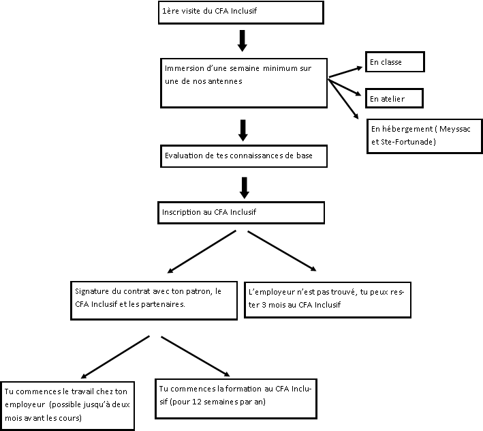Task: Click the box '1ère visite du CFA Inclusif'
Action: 241,13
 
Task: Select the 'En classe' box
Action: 395,62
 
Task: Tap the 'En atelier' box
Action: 394,99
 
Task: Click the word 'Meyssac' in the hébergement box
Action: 454,129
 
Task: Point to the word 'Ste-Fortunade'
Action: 407,142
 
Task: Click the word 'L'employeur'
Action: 271,293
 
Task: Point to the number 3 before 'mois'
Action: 264,305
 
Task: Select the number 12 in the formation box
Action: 196,402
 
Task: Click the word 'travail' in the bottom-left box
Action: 82,391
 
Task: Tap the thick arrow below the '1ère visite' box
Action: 242,41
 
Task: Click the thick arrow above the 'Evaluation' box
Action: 243,130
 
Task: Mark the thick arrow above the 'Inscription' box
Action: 245,188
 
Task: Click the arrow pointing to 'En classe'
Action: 345,72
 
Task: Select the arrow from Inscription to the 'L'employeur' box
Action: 282,251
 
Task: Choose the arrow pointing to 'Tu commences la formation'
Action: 196,357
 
